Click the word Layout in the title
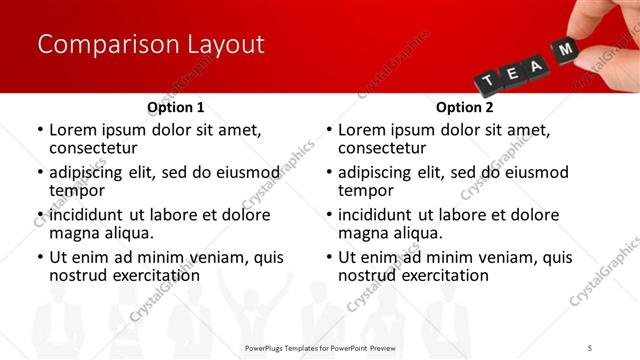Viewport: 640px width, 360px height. click(x=224, y=45)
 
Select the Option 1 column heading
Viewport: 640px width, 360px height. click(x=176, y=107)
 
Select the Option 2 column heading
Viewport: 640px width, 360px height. click(x=465, y=107)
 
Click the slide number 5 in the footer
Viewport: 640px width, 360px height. click(x=590, y=347)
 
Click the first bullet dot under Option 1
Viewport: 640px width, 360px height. click(x=39, y=130)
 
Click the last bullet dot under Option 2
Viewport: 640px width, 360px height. click(x=328, y=257)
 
